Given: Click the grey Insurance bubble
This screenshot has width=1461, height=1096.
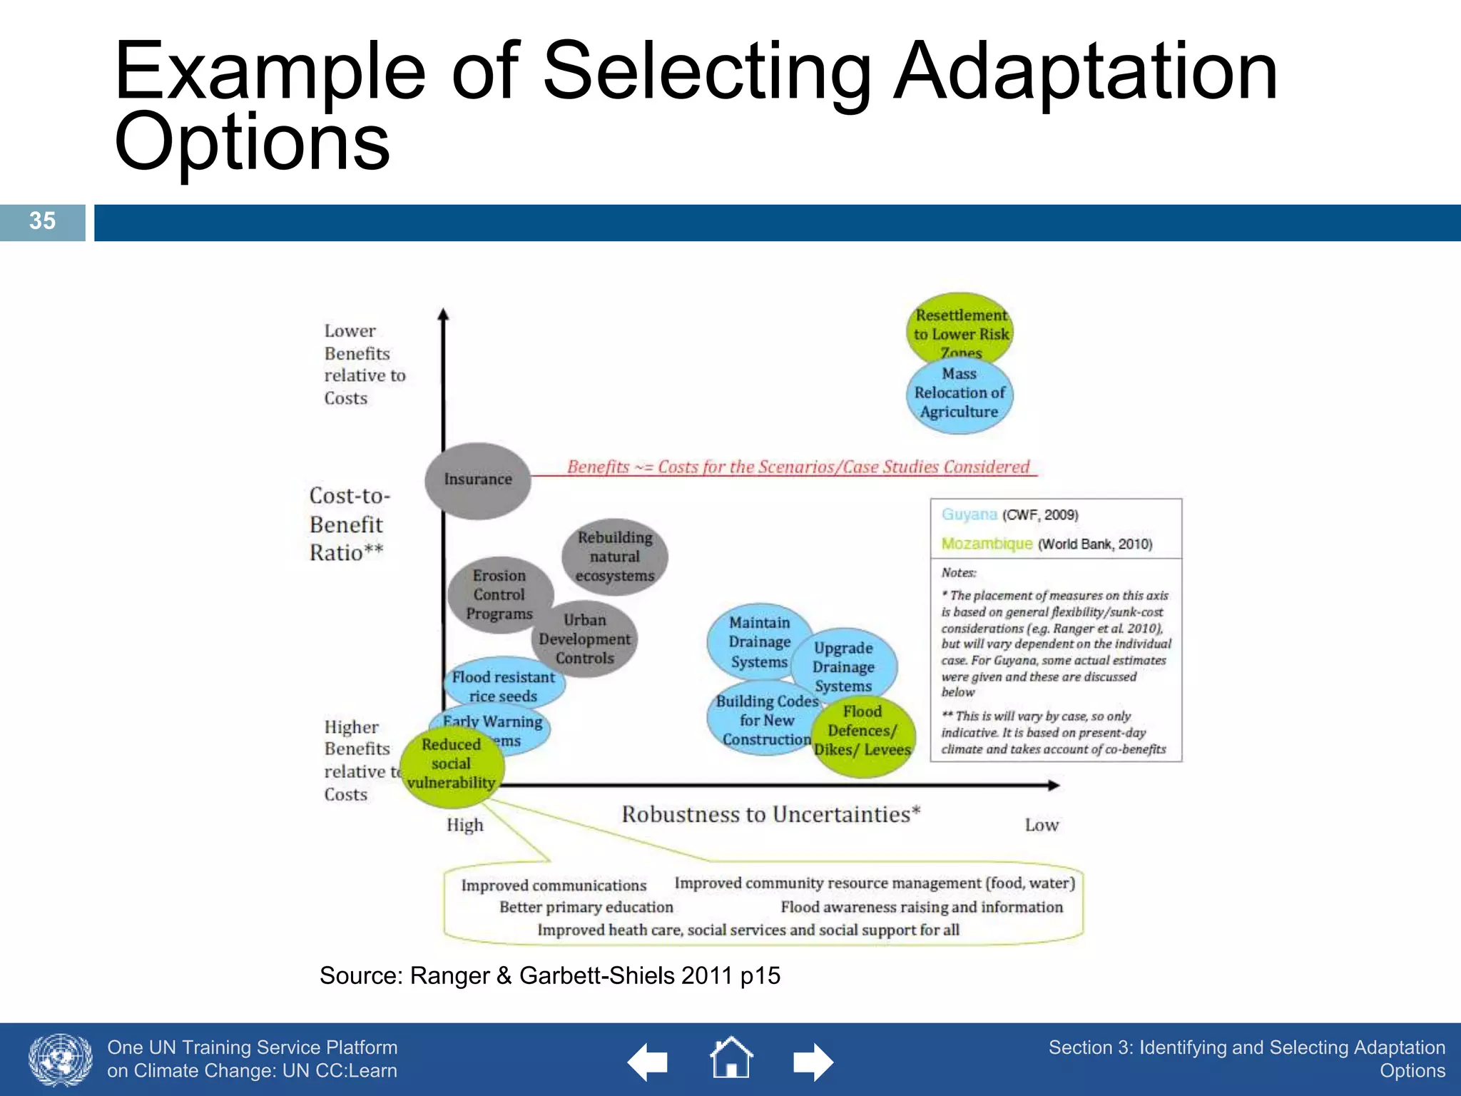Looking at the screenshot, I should pos(477,479).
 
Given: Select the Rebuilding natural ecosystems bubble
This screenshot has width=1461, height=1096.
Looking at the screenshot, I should pos(614,557).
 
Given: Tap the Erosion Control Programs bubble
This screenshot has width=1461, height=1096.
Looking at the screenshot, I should pos(499,594).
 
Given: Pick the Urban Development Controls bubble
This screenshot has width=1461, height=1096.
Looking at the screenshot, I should pos(585,639).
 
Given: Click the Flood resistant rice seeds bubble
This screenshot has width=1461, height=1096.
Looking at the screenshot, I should pos(503,686).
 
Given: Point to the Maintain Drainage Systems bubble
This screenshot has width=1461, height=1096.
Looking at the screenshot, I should pos(759,641).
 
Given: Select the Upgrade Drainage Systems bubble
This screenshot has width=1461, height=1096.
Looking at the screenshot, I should pos(844,666).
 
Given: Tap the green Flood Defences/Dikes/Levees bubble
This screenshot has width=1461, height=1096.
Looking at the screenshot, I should pos(863,731).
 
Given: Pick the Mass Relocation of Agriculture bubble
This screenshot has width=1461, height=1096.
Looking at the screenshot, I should pos(959,395).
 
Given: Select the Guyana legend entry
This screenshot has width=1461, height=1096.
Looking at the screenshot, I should pos(969,514).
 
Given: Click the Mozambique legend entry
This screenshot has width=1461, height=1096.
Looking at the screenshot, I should pos(987,544).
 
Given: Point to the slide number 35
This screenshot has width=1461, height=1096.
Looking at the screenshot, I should pos(42,221).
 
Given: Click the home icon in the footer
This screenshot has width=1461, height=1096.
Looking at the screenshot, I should pos(731,1059).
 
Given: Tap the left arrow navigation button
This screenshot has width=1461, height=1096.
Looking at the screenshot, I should pos(647,1062).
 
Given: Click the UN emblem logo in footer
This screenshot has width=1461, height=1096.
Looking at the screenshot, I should pos(60,1060).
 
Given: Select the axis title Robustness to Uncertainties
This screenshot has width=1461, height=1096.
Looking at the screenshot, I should pos(770,814).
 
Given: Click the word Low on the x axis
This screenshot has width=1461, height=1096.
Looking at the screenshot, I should pos(1042,825).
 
